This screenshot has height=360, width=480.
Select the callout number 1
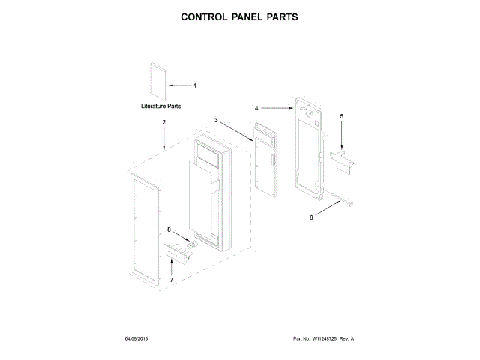coord(195,85)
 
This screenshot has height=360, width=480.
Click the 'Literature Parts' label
coord(161,107)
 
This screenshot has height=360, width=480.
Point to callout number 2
coord(163,122)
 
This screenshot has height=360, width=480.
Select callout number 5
coord(341,116)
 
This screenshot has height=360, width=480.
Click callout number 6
coord(312,217)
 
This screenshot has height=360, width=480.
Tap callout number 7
coord(171,280)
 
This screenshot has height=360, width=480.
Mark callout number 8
coord(169,229)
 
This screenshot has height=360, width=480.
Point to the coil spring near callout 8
coord(192,244)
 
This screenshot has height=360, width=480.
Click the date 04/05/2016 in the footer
coord(137,339)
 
